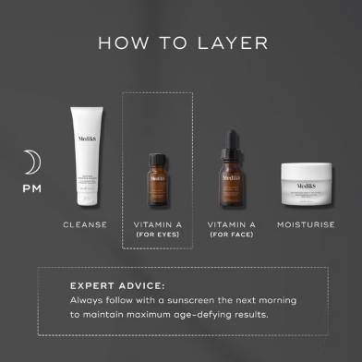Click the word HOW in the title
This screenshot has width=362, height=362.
tap(120, 43)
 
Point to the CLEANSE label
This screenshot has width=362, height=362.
tap(85, 224)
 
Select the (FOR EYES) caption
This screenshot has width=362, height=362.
tap(157, 235)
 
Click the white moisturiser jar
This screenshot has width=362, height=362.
tap(306, 181)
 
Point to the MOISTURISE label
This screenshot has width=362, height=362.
tap(306, 224)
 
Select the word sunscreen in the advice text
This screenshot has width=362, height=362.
tap(202, 301)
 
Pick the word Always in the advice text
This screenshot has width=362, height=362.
tap(89, 301)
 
